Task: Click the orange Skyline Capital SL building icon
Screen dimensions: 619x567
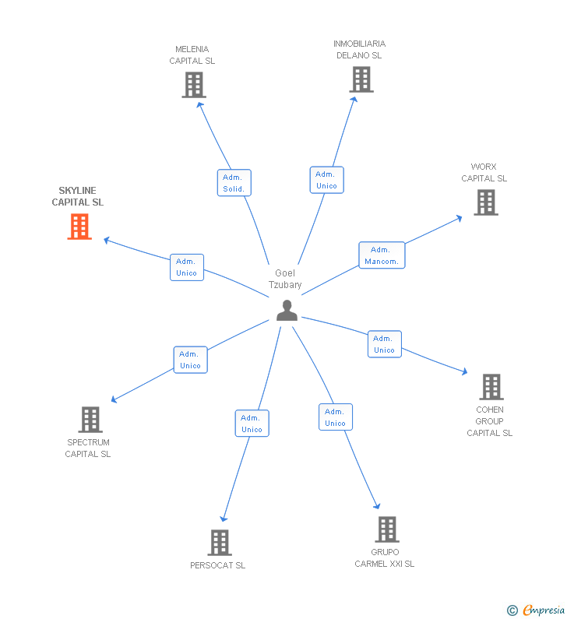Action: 79,227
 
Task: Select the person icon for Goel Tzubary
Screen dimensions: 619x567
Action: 287,311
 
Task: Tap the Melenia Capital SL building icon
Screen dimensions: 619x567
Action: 193,85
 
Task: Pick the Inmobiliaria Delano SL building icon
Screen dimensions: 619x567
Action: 361,79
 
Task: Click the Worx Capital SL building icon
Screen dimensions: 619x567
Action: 486,202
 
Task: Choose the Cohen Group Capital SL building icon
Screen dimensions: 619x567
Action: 491,386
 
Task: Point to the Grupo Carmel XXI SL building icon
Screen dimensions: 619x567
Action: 386,529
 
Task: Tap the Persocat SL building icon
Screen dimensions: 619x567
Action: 220,542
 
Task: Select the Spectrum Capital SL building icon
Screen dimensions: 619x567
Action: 90,420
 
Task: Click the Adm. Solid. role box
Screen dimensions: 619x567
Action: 234,183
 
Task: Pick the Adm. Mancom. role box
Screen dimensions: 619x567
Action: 382,255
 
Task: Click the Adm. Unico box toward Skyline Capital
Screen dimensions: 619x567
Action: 187,267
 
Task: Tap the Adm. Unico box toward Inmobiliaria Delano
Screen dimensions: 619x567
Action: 326,180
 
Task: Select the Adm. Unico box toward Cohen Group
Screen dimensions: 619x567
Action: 384,344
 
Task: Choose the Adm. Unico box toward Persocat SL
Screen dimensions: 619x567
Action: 252,424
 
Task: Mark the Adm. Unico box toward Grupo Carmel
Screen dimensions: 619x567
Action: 335,417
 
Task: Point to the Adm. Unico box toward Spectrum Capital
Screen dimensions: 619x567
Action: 190,360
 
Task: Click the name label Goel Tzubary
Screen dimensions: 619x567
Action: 285,279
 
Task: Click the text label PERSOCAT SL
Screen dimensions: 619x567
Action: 217,565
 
